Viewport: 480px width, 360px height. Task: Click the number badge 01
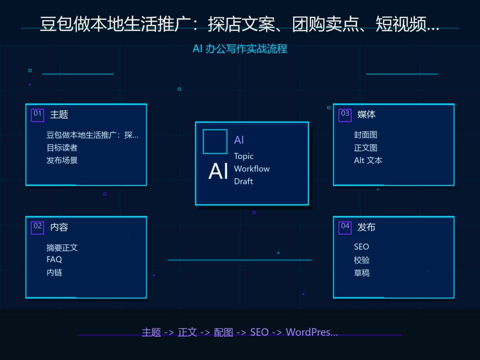point(37,115)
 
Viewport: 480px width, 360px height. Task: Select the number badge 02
point(37,228)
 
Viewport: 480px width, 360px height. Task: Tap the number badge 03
point(345,115)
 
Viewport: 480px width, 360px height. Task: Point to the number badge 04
point(345,228)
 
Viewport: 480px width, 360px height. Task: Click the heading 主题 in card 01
point(59,114)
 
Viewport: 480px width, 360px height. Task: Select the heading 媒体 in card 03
point(367,114)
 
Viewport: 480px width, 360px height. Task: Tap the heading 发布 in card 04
point(367,227)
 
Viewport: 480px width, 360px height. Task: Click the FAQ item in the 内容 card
point(54,260)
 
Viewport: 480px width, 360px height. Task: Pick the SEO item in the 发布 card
point(361,247)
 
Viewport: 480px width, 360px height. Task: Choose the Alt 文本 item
point(368,160)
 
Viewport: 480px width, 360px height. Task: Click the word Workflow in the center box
point(252,169)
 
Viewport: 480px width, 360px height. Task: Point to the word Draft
point(243,181)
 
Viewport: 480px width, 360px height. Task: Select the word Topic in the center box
point(244,156)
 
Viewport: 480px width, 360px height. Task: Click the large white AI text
point(218,171)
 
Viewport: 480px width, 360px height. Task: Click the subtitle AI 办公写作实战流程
point(240,49)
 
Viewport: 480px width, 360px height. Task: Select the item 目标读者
point(62,148)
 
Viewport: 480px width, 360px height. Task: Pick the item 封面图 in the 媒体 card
point(366,135)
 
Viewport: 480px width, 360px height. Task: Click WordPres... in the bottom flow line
point(312,332)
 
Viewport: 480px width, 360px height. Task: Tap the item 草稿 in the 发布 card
point(361,273)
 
